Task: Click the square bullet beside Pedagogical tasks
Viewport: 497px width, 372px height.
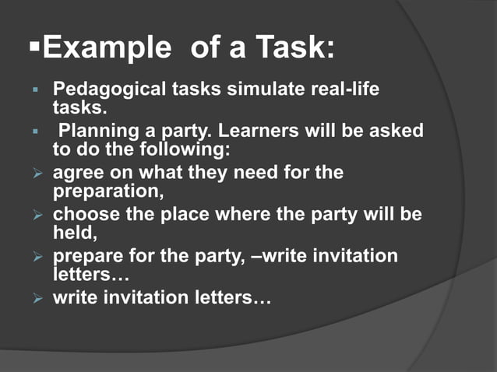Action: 34,89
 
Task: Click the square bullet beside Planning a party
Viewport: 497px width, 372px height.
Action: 34,131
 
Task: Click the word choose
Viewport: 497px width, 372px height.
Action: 86,214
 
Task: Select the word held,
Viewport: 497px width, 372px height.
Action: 72,231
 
